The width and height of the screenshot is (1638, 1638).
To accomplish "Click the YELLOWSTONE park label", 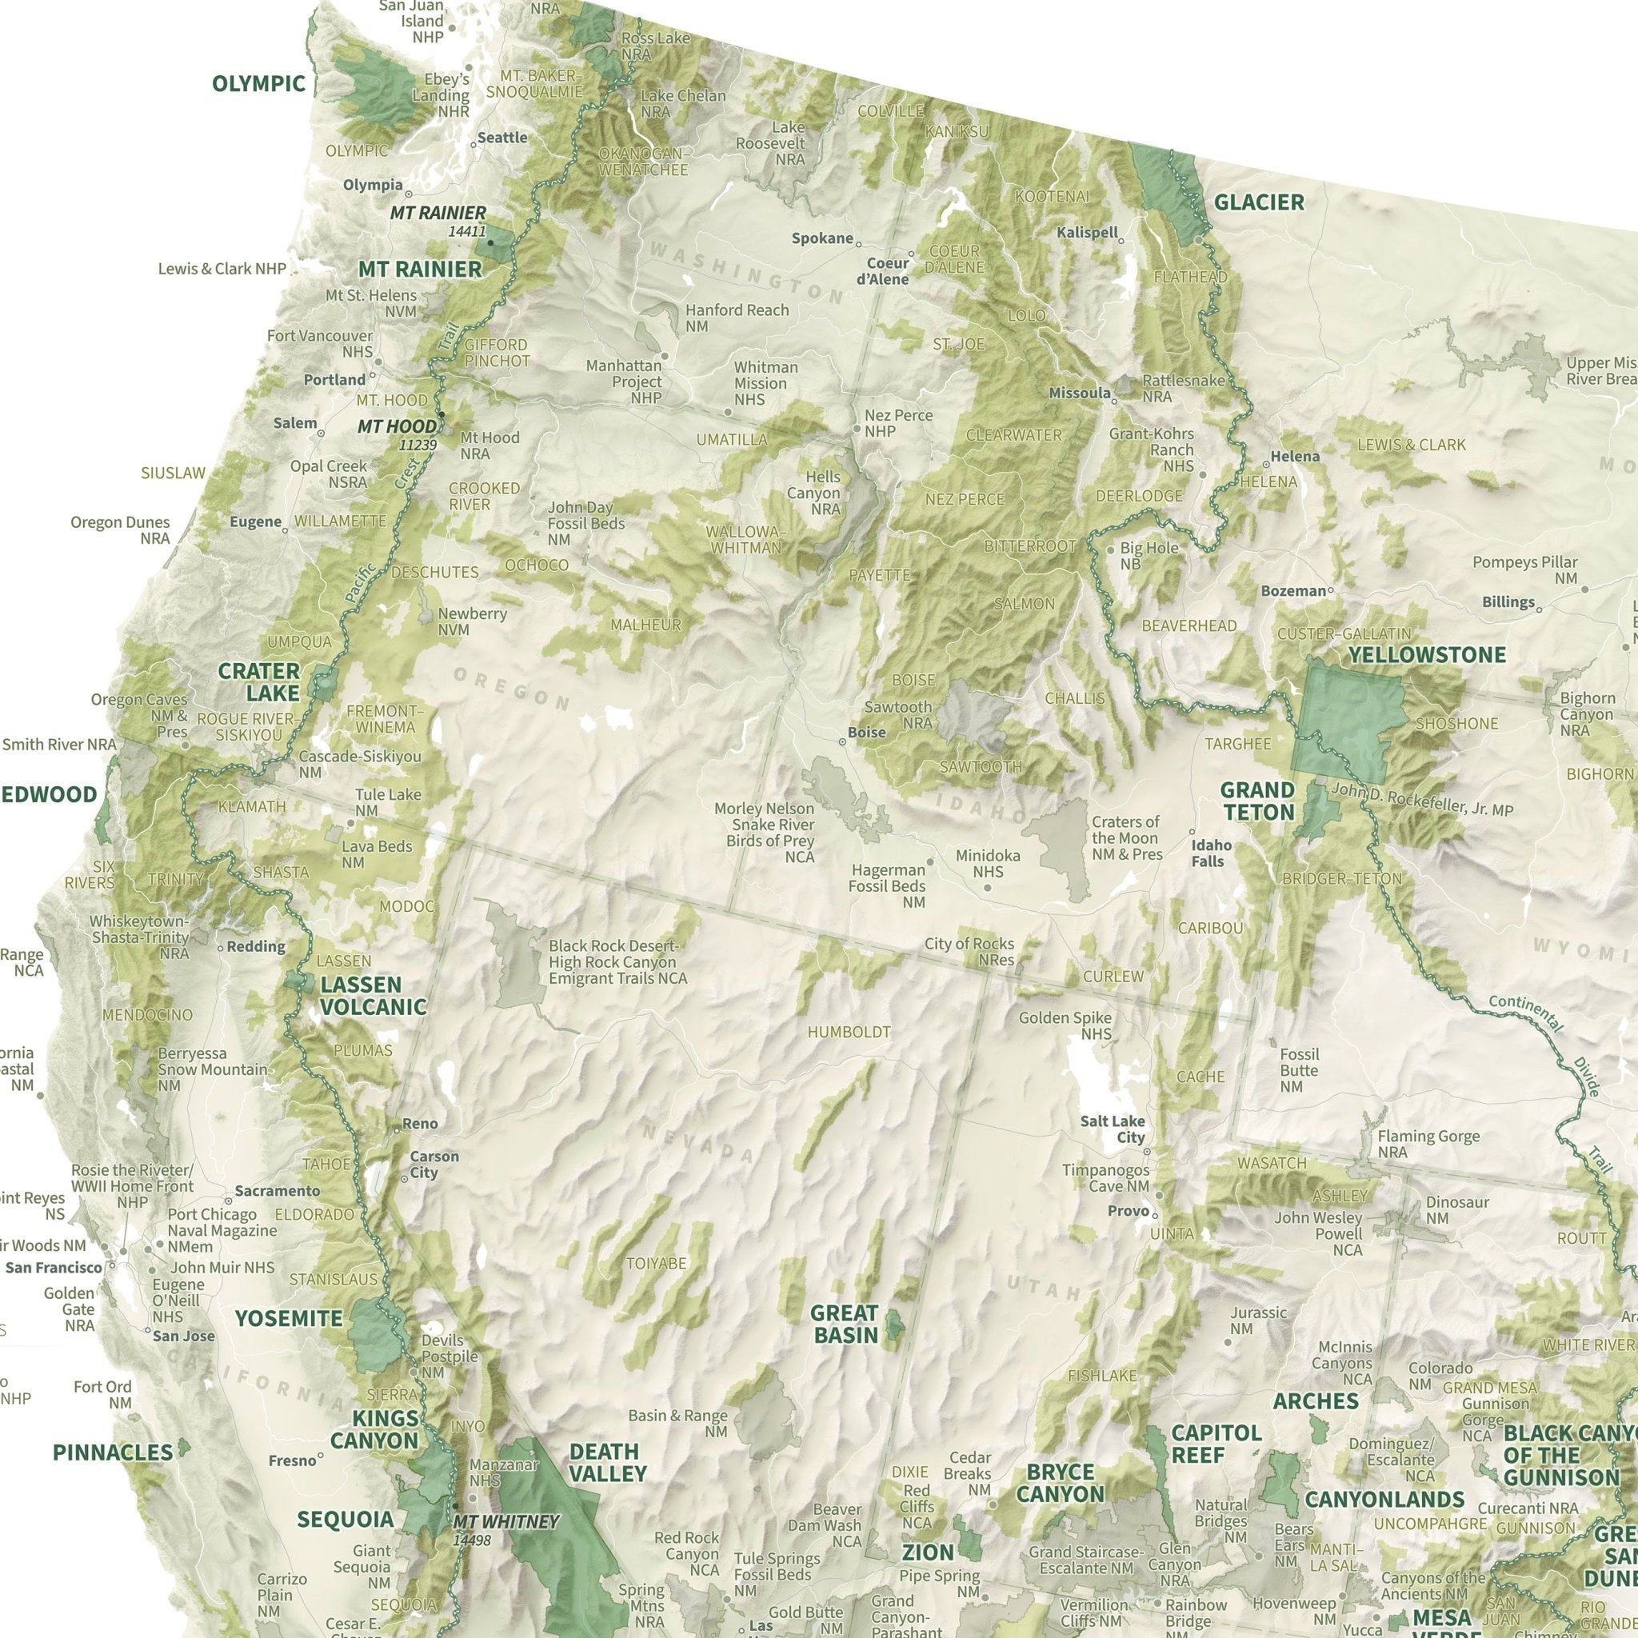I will tap(1427, 654).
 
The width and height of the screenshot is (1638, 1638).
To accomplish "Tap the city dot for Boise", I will tap(842, 742).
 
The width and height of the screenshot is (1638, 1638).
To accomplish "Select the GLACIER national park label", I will tap(1259, 202).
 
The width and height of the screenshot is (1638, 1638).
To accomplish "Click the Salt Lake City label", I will tap(1113, 1129).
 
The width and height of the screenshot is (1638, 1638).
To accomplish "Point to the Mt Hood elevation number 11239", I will tap(417, 445).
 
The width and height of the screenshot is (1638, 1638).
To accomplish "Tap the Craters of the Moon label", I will tap(1126, 837).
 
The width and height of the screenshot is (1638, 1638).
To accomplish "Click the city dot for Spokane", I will tap(858, 244).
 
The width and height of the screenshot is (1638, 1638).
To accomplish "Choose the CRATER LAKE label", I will tap(258, 682).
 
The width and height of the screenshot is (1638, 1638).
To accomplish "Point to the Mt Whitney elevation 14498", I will tap(471, 1540).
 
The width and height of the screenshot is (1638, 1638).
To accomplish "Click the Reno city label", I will tap(420, 1124).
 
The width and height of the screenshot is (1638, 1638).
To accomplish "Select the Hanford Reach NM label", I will tap(736, 318).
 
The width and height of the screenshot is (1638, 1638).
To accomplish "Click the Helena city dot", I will tap(1266, 465).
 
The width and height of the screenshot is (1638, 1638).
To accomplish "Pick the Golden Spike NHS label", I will tap(1065, 1025).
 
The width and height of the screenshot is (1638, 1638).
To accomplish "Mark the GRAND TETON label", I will tap(1256, 801).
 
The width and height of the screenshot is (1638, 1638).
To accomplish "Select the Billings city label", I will tap(1508, 602).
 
